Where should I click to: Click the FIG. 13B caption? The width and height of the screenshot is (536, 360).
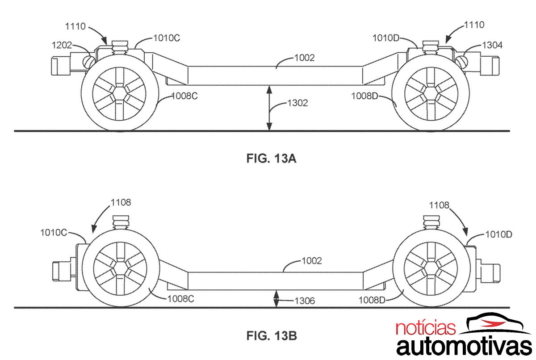click(x=271, y=335)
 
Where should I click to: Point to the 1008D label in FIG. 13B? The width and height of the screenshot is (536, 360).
click(x=372, y=300)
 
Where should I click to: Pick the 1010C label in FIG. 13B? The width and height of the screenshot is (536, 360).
click(x=54, y=232)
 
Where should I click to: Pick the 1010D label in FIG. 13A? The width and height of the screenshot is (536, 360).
click(x=385, y=38)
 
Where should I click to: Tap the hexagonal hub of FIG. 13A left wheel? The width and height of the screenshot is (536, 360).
click(x=119, y=94)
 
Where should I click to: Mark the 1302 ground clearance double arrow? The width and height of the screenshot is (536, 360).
click(x=269, y=109)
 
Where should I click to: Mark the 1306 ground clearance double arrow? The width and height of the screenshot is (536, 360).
click(x=276, y=298)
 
